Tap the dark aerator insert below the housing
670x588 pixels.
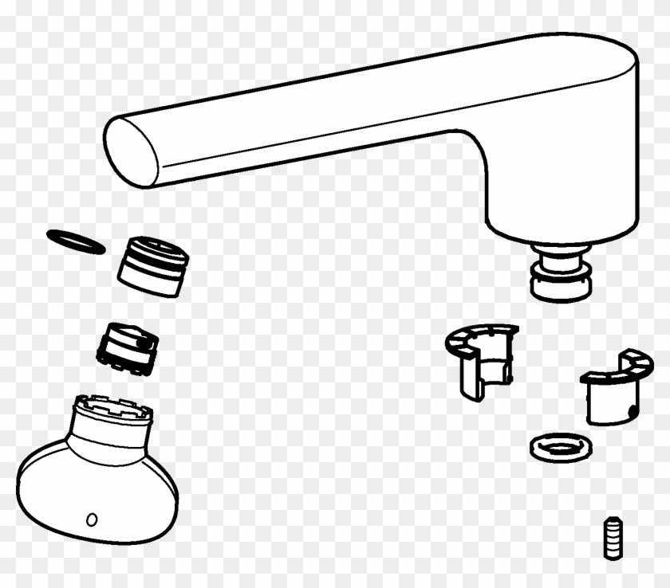click(128, 347)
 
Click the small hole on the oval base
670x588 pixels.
click(92, 519)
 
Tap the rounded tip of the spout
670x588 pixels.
click(128, 151)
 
